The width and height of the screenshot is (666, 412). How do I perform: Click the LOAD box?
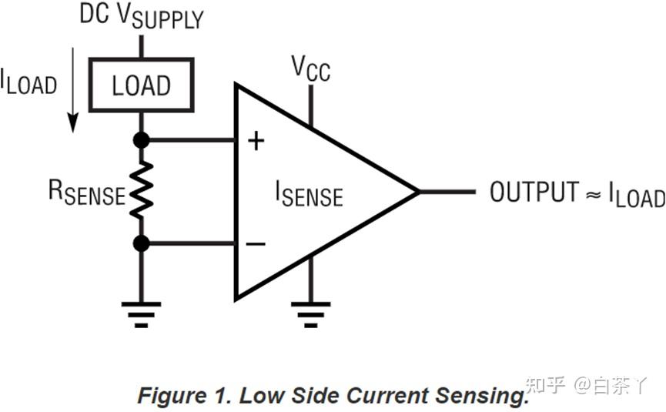(141, 85)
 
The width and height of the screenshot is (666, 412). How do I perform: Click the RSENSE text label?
(86, 193)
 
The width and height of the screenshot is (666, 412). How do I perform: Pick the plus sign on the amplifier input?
(256, 140)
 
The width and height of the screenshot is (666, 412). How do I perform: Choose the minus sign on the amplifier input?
(256, 244)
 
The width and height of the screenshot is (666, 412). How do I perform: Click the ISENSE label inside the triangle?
(309, 193)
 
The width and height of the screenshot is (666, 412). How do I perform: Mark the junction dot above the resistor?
(141, 140)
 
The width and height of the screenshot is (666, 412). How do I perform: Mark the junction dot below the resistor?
(141, 244)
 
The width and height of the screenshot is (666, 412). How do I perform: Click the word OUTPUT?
(534, 192)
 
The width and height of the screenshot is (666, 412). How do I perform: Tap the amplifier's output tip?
(418, 191)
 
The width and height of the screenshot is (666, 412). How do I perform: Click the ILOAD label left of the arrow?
(28, 81)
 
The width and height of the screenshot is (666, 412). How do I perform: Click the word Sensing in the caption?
(482, 396)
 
